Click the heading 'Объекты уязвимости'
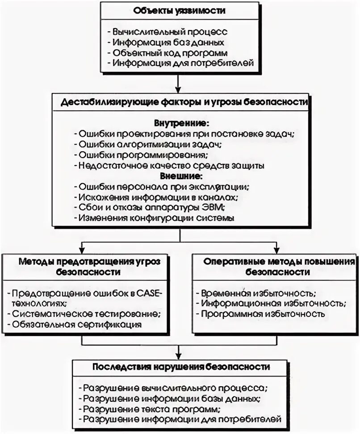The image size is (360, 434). tap(179, 11)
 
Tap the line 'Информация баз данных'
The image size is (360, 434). tap(168, 42)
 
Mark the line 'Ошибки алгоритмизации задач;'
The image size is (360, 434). tap(150, 144)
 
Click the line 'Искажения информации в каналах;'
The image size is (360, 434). tap(158, 197)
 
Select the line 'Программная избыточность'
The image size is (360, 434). tap(263, 314)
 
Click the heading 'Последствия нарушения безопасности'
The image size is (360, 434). tap(181, 367)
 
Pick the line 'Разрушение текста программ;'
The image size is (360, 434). tap(152, 409)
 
